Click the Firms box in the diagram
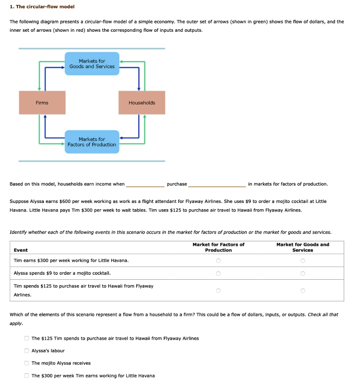42,103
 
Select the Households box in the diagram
142,103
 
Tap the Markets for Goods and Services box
92,64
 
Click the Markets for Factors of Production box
92,142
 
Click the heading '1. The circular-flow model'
42,7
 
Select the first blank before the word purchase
145,184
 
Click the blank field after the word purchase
217,184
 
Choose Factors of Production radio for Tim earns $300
218,261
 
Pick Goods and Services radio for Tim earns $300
303,261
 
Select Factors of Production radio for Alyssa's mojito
218,273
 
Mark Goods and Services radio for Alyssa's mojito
303,273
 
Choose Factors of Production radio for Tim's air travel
218,291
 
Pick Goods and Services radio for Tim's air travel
303,291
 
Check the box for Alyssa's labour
27,351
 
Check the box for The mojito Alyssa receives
27,363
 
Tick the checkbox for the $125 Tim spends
27,338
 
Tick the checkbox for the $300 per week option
27,376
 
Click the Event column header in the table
21,250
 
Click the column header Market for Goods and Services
303,248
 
